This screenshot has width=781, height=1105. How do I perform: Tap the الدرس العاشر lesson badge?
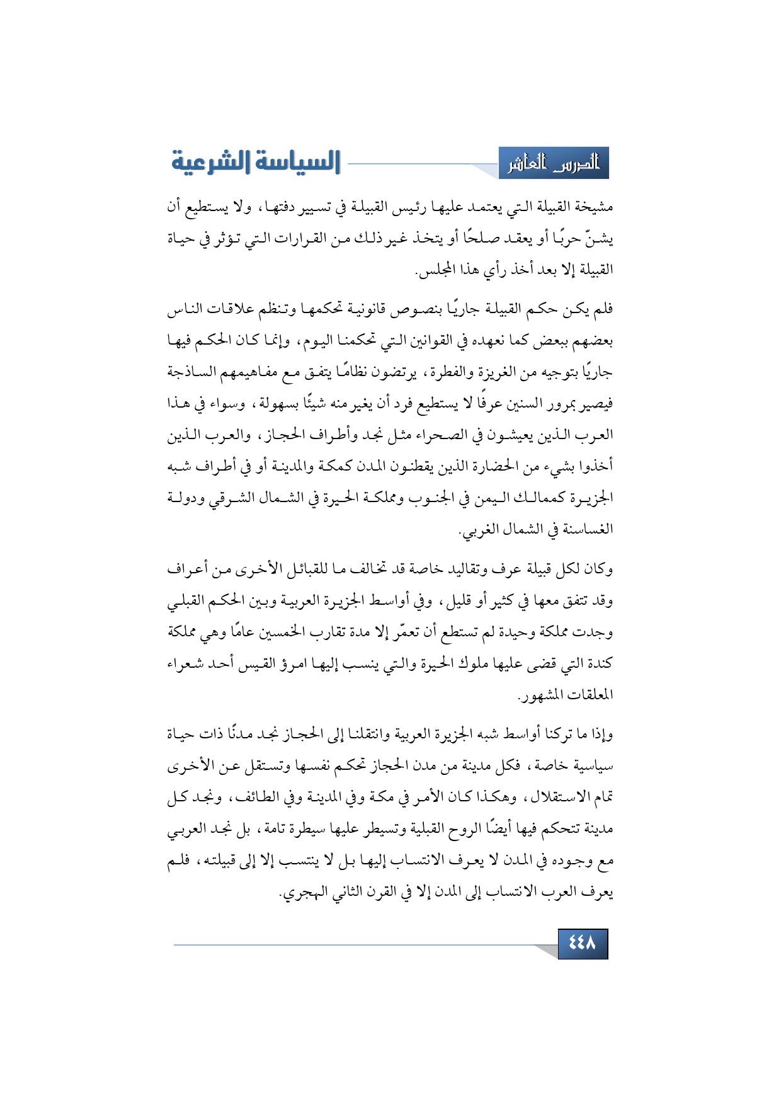tap(554, 164)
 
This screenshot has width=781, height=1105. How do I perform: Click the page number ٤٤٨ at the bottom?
tap(582, 943)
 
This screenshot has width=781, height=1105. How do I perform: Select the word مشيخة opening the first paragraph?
tap(594, 207)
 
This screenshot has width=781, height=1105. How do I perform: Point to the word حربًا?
tap(570, 239)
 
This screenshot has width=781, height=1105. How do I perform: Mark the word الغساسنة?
tap(587, 530)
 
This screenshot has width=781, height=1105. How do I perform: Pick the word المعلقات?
tap(590, 696)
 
